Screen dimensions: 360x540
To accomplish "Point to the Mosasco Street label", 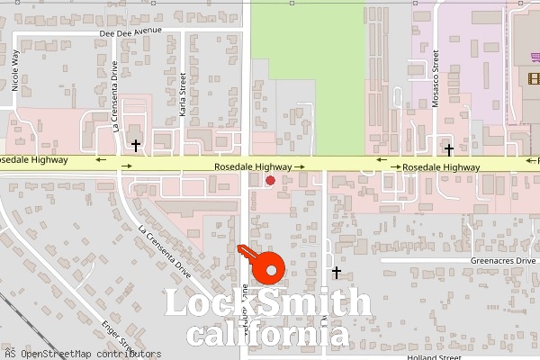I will tap(435, 85).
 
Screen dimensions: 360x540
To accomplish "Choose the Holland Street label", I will tap(435, 357).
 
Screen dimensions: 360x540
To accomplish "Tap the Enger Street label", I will tap(117, 336).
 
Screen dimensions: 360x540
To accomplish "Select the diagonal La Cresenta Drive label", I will tap(165, 249).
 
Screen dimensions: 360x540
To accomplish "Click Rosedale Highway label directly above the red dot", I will tap(253, 167).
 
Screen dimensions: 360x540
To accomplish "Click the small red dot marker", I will tap(270, 181).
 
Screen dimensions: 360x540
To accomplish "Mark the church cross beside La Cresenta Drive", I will tap(136, 145).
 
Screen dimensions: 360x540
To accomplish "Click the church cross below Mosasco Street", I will tap(448, 149).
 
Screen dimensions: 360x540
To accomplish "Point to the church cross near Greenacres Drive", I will tap(337, 272).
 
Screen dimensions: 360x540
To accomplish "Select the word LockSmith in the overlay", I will tap(267, 303).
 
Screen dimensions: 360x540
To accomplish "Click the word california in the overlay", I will tap(267, 335).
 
